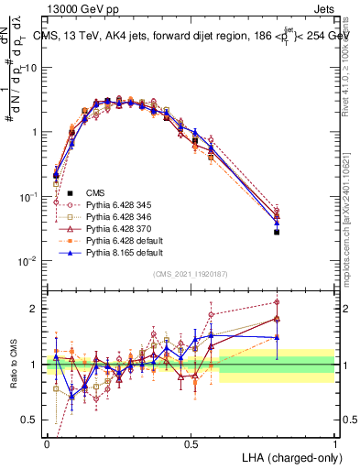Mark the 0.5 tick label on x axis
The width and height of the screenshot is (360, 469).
coord(191,442)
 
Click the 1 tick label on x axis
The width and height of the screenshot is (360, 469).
coord(334,442)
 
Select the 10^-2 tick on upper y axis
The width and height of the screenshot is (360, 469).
coord(31,261)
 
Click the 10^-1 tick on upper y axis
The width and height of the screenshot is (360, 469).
coord(31,197)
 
